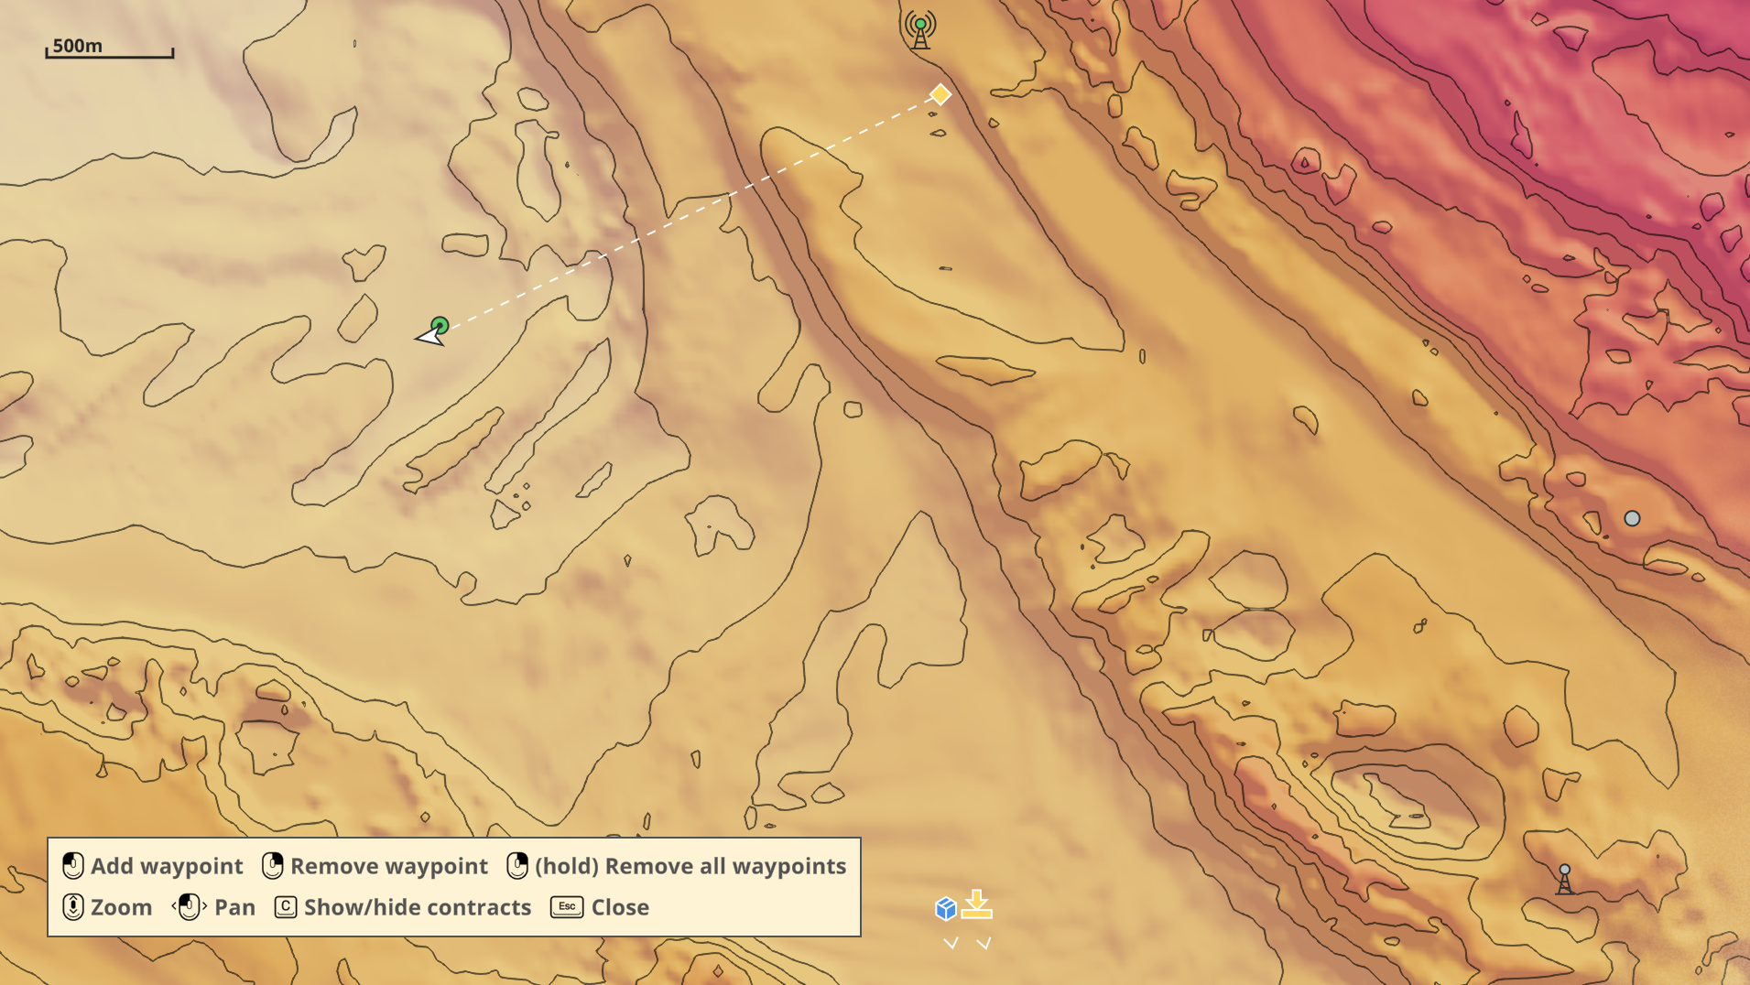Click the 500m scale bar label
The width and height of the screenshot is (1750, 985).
78,46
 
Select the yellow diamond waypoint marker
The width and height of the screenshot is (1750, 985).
940,94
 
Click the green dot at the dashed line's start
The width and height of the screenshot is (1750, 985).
440,325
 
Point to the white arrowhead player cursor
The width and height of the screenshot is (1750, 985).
429,337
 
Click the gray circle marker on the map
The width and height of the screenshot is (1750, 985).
1632,519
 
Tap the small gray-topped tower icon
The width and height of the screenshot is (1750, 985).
1565,879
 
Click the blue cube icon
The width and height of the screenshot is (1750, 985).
946,908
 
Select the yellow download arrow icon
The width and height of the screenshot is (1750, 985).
977,904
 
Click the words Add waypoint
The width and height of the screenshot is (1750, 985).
167,866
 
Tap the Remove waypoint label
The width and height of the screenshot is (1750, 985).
388,866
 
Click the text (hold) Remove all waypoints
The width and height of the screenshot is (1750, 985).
690,866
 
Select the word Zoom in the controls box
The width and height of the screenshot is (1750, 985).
121,907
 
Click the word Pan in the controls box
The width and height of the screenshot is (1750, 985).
234,907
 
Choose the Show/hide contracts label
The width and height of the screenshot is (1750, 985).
417,907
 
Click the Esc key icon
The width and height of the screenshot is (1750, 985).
567,907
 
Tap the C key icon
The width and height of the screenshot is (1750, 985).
286,907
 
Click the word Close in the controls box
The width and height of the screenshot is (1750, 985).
620,907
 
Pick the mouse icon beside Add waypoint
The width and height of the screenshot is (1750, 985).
73,866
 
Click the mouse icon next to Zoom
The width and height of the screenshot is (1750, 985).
73,907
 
